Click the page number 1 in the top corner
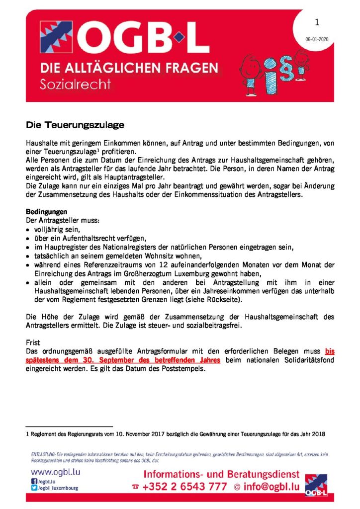point(317,22)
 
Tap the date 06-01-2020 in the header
point(316,39)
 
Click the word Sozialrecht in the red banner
point(75,84)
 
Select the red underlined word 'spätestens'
point(46,359)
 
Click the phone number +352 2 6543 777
point(184,487)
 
